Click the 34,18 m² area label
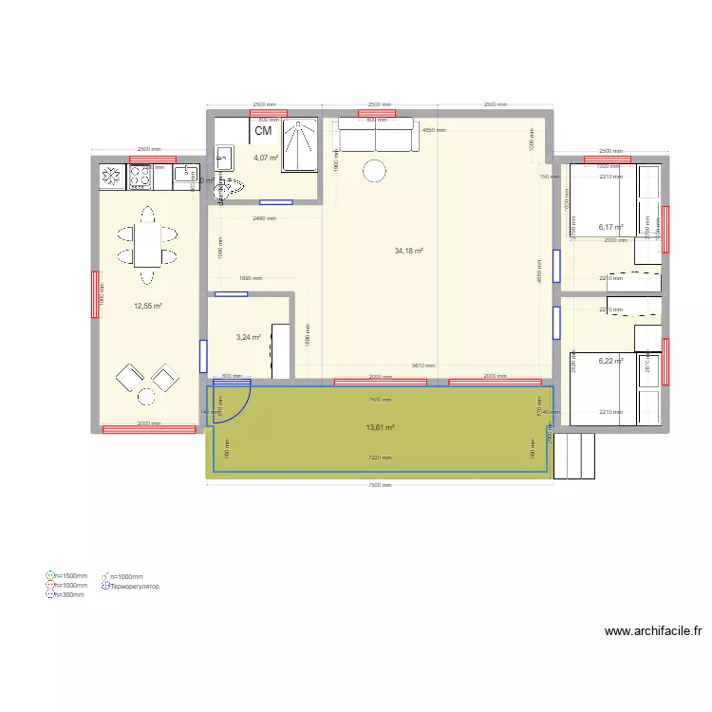point(408,252)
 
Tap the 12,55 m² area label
point(148,306)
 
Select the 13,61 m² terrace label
point(380,427)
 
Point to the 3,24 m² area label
point(249,337)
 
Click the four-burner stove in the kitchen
point(141,176)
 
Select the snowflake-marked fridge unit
point(112,176)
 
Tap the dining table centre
point(145,243)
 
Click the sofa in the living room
point(376,136)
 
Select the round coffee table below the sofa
point(375,172)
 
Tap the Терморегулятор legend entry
point(134,586)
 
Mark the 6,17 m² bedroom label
point(610,228)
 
